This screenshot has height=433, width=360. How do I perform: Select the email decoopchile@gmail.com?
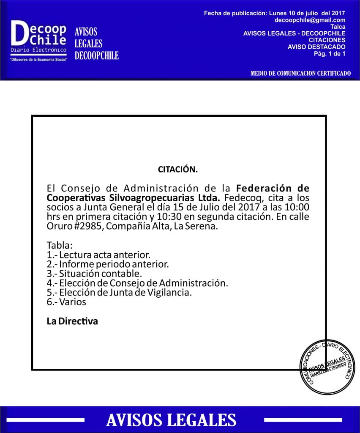(x=310, y=20)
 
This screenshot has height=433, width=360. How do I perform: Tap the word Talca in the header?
(x=338, y=26)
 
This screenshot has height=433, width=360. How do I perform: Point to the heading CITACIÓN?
(x=178, y=170)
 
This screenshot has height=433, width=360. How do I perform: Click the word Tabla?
(x=60, y=245)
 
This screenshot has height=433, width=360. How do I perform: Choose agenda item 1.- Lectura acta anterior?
(x=98, y=255)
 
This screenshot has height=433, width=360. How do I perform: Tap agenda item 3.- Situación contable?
(x=94, y=274)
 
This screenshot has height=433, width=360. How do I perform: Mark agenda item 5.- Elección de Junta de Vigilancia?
(x=119, y=292)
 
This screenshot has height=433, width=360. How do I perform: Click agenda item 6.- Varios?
(x=66, y=302)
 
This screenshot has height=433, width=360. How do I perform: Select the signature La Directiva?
(x=72, y=321)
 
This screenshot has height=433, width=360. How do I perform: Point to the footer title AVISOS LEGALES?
(x=171, y=419)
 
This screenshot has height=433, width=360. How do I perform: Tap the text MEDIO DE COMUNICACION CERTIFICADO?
(x=300, y=73)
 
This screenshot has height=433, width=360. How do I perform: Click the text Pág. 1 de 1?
(x=330, y=53)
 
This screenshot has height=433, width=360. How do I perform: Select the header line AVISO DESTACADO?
(x=316, y=47)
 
